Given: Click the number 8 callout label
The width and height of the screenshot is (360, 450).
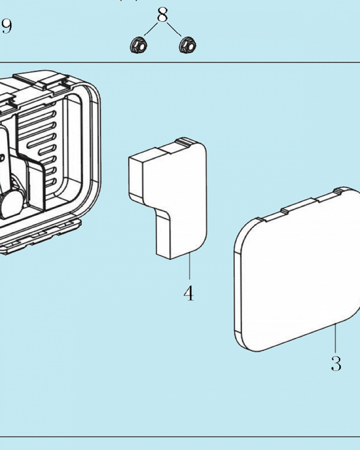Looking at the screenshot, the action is pos(162,15).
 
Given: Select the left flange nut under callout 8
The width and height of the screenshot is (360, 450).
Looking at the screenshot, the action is pos(139,45).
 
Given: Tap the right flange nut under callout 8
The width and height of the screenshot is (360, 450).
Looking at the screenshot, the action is pos(188,45).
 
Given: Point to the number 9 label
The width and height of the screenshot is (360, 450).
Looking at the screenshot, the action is pos(7,27).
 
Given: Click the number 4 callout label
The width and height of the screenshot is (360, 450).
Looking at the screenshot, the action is pos(189,293).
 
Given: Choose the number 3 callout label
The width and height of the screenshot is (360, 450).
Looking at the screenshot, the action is pos(336,363).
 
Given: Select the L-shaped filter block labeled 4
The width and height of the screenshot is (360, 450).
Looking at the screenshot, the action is pos(168,198).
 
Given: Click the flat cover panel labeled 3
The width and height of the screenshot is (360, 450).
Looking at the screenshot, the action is pos(297,269).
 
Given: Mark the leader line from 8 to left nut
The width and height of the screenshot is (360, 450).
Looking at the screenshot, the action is pos(151,29).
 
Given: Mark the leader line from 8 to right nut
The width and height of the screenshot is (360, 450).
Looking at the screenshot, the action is pos(174,29).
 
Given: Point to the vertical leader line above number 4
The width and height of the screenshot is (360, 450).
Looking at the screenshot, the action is pos(189,266).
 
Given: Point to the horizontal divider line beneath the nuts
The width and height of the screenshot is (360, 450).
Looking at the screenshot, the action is pos(180,62).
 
